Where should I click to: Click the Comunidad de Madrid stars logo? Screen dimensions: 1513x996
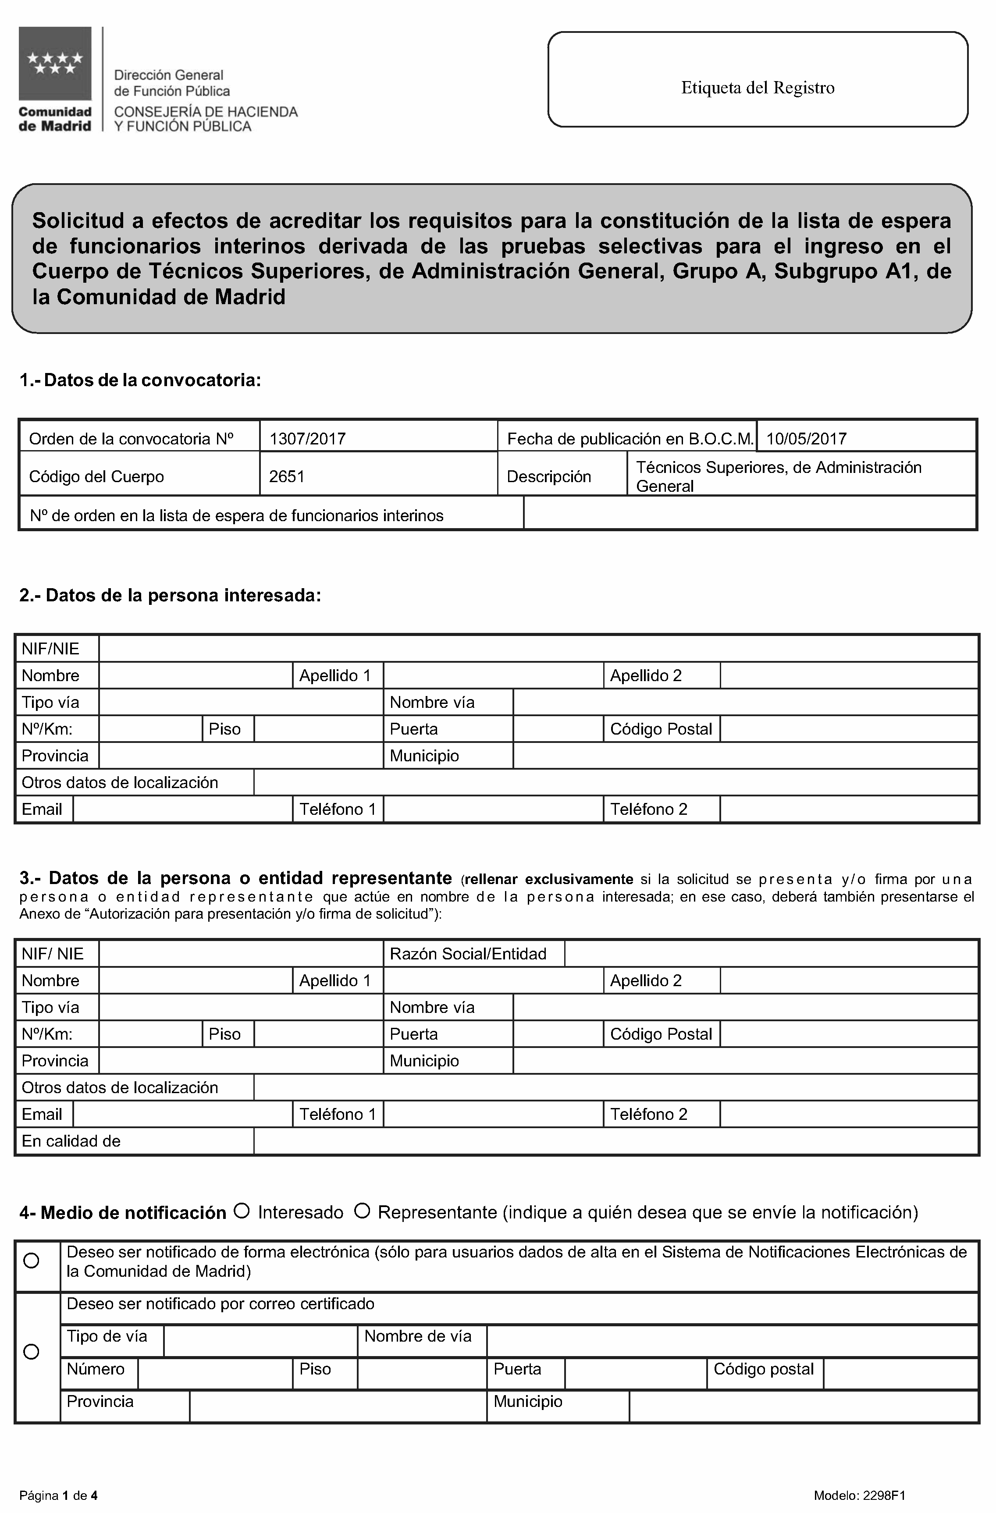[55, 64]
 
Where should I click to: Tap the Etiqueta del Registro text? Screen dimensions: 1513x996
[758, 88]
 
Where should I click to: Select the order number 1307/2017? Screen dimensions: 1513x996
[308, 439]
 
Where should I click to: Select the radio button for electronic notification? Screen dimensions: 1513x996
[31, 1261]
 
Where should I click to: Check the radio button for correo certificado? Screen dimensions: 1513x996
[31, 1352]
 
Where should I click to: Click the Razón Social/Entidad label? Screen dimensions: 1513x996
[468, 954]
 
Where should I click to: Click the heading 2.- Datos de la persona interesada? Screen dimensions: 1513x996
[171, 596]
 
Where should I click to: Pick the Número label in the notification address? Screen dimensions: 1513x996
[96, 1369]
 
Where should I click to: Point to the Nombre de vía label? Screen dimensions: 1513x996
[418, 1336]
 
